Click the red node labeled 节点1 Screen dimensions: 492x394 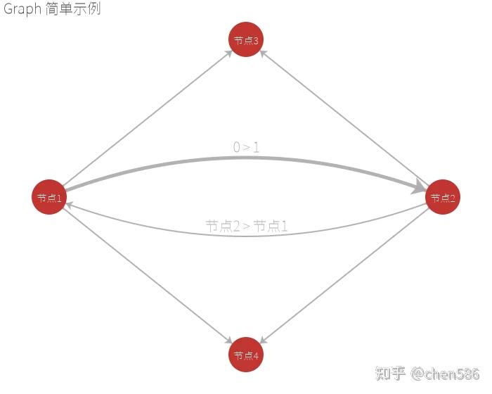pos(49,198)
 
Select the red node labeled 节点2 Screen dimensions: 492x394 pos(443,198)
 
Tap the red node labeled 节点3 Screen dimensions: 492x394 pos(246,40)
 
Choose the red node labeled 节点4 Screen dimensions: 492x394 pos(246,355)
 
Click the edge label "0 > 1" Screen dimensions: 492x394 pos(246,147)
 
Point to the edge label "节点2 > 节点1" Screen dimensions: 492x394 pos(246,226)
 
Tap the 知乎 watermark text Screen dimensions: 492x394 pos(391,372)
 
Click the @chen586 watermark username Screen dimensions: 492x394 pos(446,372)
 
